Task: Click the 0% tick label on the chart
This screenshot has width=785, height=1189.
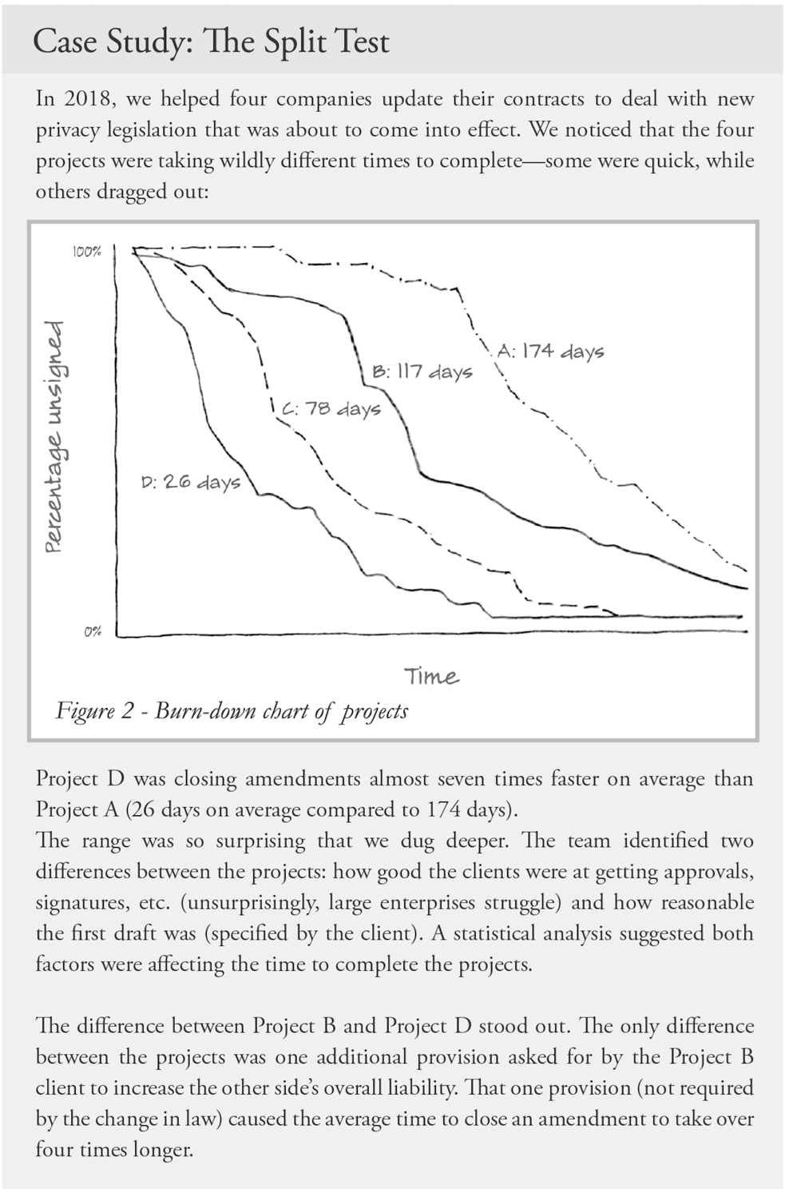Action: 93,631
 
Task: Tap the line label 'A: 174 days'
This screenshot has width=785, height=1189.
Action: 550,352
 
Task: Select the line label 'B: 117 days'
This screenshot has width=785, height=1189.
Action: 422,371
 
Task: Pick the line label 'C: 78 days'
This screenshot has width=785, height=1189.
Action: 331,409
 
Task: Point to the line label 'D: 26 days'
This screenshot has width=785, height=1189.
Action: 191,482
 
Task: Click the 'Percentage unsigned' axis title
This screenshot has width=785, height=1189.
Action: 54,438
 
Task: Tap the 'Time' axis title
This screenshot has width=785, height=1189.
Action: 431,676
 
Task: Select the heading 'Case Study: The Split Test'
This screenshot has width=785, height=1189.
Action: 212,42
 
